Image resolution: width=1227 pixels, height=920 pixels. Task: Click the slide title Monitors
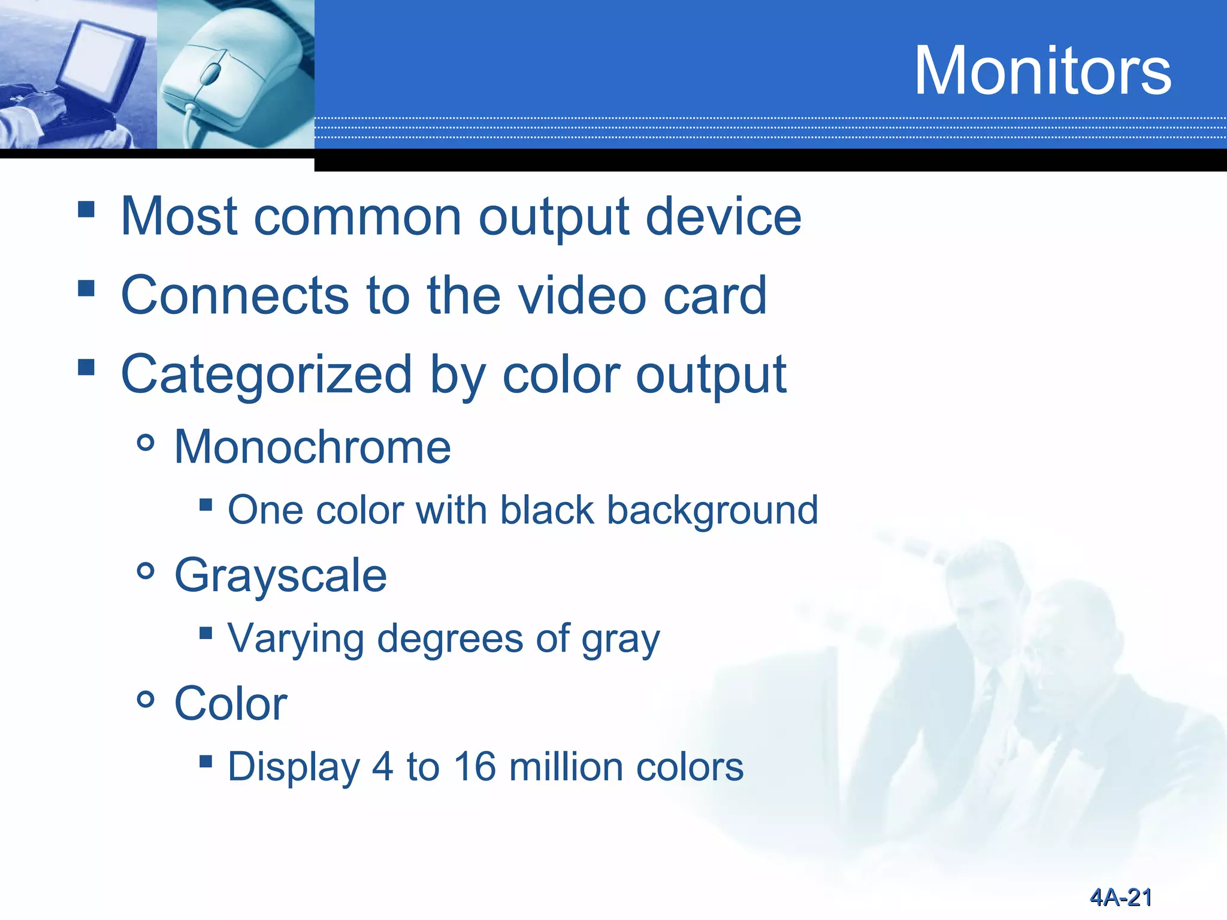pyautogui.click(x=1042, y=71)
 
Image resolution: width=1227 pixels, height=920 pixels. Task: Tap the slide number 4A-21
pyautogui.click(x=1120, y=897)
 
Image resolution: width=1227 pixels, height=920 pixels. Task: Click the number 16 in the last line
pyautogui.click(x=475, y=767)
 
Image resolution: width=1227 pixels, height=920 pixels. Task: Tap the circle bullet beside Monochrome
pyautogui.click(x=146, y=444)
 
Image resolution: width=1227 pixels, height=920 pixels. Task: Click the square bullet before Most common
pyautogui.click(x=86, y=210)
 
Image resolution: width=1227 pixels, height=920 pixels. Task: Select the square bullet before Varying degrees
pyautogui.click(x=205, y=633)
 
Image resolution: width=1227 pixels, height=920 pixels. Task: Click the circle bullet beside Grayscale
pyautogui.click(x=146, y=571)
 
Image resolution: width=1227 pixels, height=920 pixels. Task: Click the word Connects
pyautogui.click(x=234, y=295)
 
